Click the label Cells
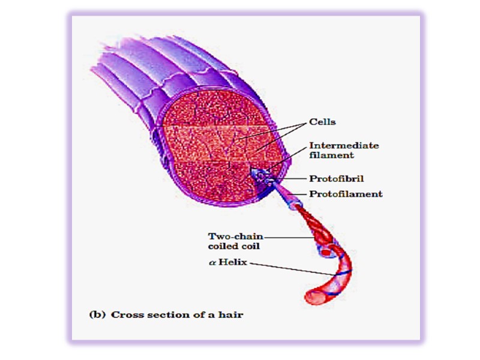click(322, 122)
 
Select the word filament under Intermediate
click(331, 155)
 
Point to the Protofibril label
click(337, 178)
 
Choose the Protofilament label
click(346, 194)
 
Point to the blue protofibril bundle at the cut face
click(262, 176)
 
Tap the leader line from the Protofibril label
click(291, 179)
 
